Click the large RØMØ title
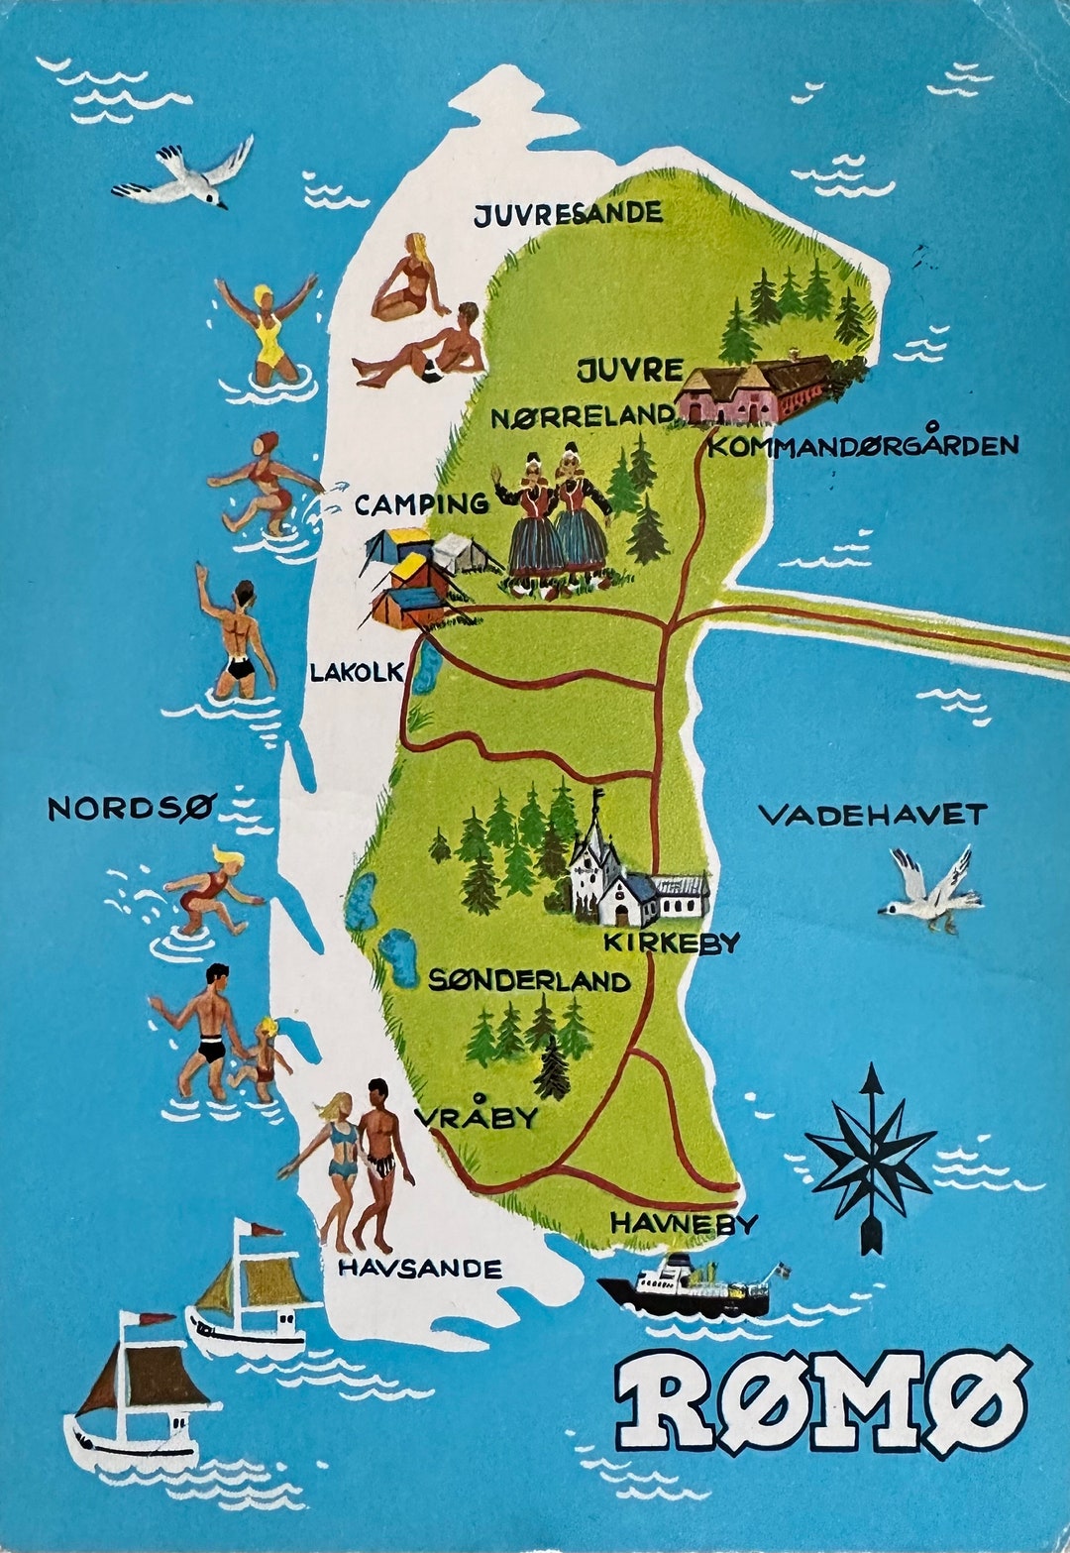pyautogui.click(x=820, y=1400)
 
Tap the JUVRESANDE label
pyautogui.click(x=567, y=214)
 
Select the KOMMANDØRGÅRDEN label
pyautogui.click(x=863, y=445)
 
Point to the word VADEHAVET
pyautogui.click(x=872, y=815)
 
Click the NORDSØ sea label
pyautogui.click(x=131, y=809)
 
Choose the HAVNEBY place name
pyautogui.click(x=684, y=1223)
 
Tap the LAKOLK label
pyautogui.click(x=357, y=673)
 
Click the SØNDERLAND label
pyautogui.click(x=529, y=980)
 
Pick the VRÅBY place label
pyautogui.click(x=476, y=1117)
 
